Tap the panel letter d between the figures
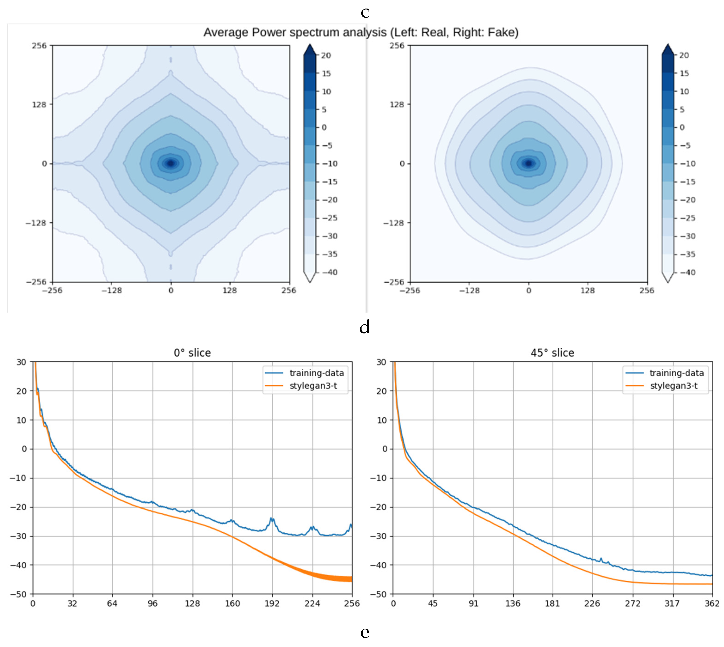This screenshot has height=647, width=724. tap(365, 326)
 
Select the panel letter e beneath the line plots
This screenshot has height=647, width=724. tap(365, 632)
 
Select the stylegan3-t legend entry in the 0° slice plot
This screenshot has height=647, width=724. tap(313, 386)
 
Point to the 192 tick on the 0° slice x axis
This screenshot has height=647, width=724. tap(272, 604)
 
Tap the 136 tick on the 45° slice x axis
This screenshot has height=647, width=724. tap(512, 604)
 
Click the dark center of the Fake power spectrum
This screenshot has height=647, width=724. tap(528, 163)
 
